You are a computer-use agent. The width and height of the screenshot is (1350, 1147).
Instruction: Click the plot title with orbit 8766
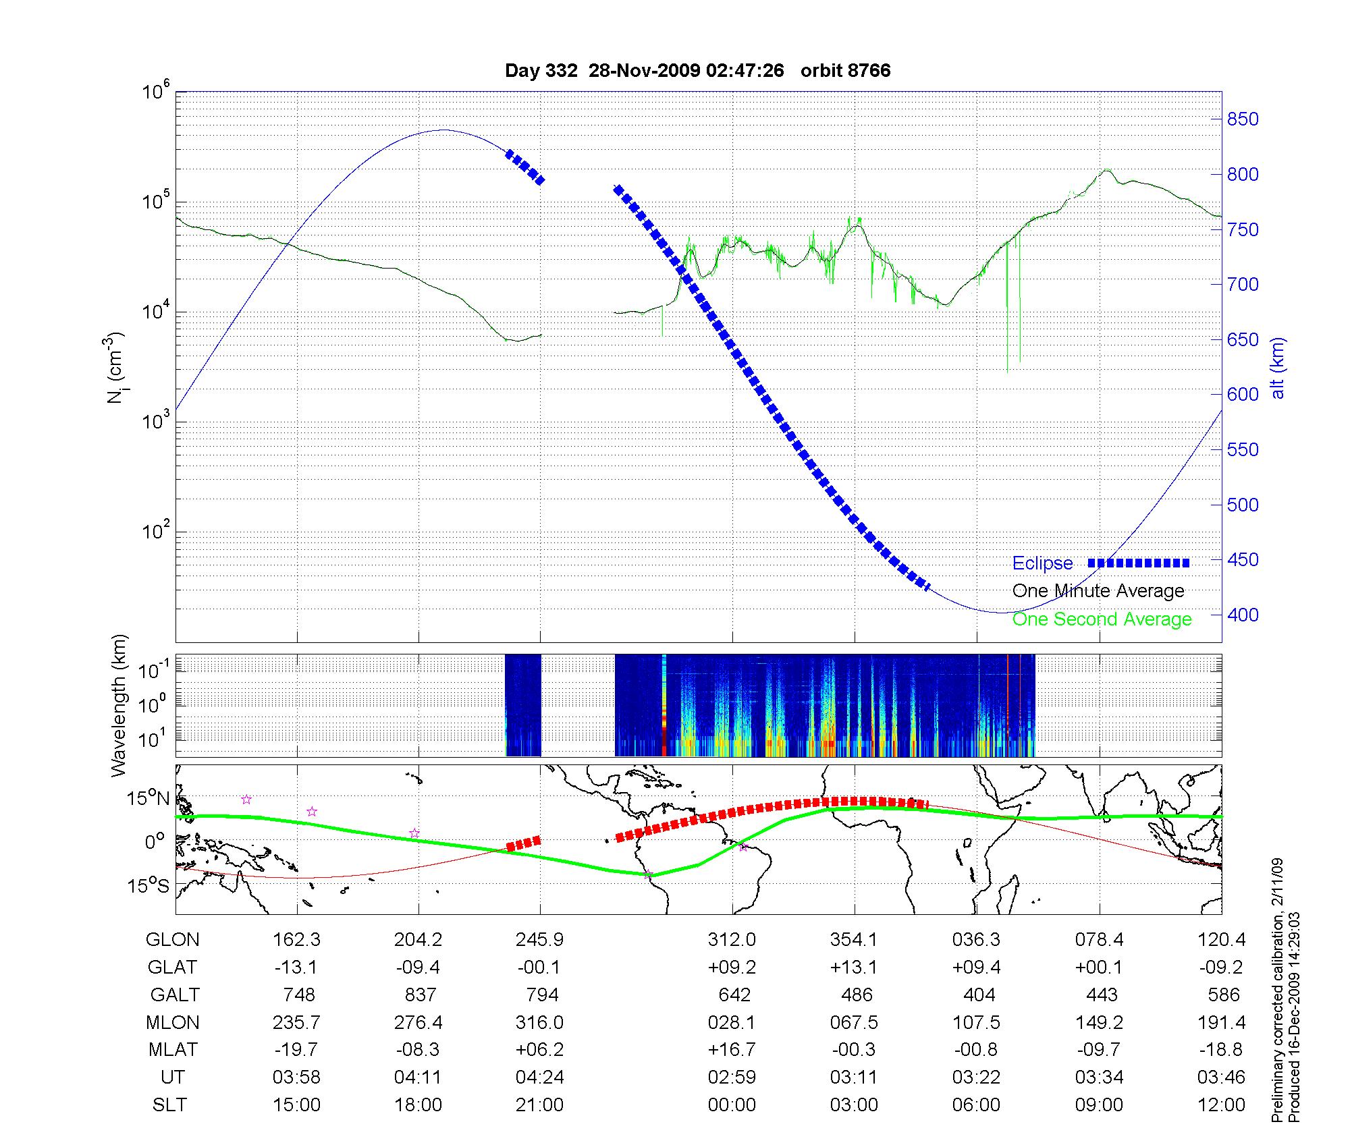click(697, 71)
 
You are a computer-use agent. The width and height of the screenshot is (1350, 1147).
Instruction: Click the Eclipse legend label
click(1042, 563)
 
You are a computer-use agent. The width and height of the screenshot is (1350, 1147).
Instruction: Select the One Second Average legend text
click(1102, 619)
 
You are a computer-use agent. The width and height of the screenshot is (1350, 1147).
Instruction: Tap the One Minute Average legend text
click(1098, 591)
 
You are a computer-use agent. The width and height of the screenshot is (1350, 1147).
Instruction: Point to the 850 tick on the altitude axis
click(1243, 119)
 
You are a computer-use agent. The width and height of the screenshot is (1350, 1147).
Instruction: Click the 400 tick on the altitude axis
click(1243, 615)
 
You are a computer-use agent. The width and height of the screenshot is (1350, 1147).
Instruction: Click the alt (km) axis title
click(1278, 368)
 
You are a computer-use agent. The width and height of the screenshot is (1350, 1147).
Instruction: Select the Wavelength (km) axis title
click(119, 706)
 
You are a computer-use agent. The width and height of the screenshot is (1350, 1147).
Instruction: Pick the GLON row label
click(172, 940)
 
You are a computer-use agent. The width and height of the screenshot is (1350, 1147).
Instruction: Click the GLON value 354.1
click(854, 940)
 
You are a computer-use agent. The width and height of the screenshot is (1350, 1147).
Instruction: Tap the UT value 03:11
click(854, 1078)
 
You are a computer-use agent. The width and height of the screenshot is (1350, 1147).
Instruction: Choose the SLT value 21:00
click(539, 1105)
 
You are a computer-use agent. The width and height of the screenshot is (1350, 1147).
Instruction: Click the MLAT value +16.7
click(732, 1050)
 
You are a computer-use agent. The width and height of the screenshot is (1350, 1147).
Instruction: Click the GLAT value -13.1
click(296, 968)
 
